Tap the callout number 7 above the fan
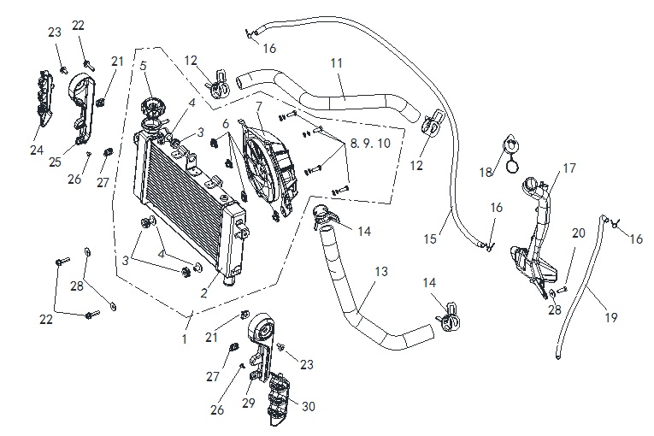pyautogui.click(x=259, y=107)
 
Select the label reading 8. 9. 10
pyautogui.click(x=370, y=144)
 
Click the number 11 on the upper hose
pyautogui.click(x=337, y=63)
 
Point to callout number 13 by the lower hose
pyautogui.click(x=381, y=272)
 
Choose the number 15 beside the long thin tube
pyautogui.click(x=430, y=239)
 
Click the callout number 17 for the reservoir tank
pyautogui.click(x=569, y=168)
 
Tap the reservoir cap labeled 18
pyautogui.click(x=511, y=154)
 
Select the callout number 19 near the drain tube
pyautogui.click(x=611, y=318)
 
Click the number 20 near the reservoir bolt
pyautogui.click(x=579, y=233)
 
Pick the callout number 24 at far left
pyautogui.click(x=37, y=150)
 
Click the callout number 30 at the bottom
pyautogui.click(x=309, y=406)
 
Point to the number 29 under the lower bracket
pyautogui.click(x=249, y=404)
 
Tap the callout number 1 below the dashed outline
pyautogui.click(x=185, y=339)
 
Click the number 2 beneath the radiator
pyautogui.click(x=203, y=293)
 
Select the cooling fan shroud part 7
pyautogui.click(x=270, y=169)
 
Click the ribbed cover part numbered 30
pyautogui.click(x=279, y=399)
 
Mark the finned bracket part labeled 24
pyautogui.click(x=44, y=97)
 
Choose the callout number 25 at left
pyautogui.click(x=55, y=162)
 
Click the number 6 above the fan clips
pyautogui.click(x=226, y=124)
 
